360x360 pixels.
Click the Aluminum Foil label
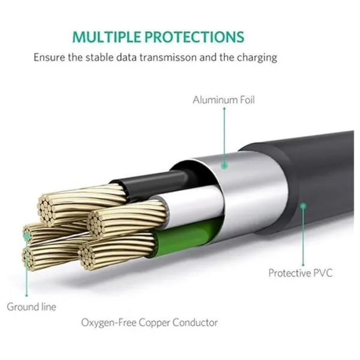tap(223, 100)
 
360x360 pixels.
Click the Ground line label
tap(31, 307)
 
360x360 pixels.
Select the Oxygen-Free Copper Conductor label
tap(149, 323)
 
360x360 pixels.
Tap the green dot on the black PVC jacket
tap(304, 205)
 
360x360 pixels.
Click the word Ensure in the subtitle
tap(48, 58)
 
